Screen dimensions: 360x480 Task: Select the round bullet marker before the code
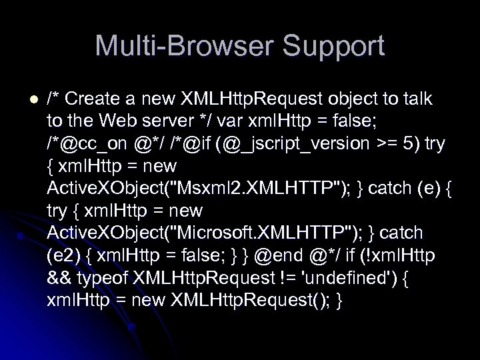pos(24,99)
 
